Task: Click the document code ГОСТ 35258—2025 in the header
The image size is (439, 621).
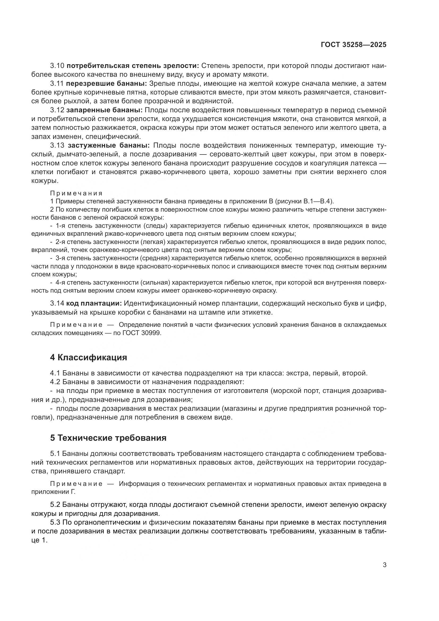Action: point(353,45)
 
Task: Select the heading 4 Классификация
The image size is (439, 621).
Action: point(88,357)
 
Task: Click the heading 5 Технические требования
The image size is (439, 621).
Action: point(108,438)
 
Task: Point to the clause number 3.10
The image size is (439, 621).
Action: point(57,66)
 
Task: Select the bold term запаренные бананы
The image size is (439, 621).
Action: point(104,110)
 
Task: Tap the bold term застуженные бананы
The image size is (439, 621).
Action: point(108,145)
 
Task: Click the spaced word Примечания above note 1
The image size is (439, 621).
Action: point(76,193)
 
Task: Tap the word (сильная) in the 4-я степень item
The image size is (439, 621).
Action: point(155,283)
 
